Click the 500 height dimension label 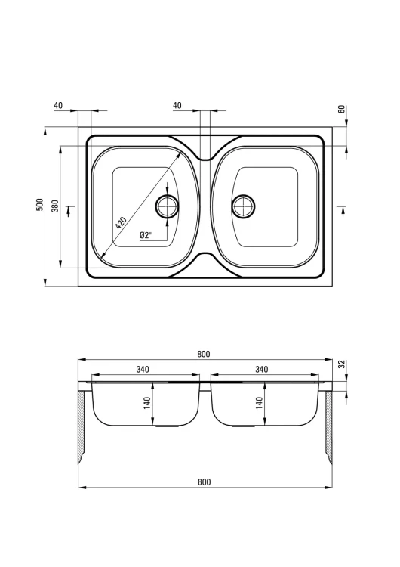coord(40,204)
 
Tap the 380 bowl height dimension coord(54,205)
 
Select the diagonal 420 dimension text coord(121,223)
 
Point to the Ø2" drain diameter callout coord(146,235)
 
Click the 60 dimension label coord(342,109)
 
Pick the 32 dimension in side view coord(342,364)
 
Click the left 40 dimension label coord(58,105)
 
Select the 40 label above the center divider coord(177,105)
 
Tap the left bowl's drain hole coord(167,206)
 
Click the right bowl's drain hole coord(243,206)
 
